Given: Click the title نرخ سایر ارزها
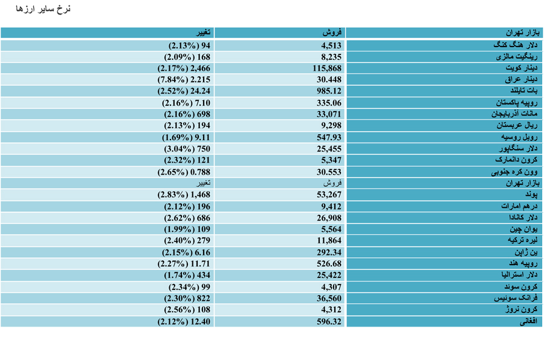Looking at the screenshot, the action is (x=43, y=9).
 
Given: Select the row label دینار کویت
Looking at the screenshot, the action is (x=521, y=68).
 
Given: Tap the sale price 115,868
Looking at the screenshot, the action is (x=327, y=68).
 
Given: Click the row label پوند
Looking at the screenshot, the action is (x=531, y=194).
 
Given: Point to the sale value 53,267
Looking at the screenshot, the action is (x=329, y=194).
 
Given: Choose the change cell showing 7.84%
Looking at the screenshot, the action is (x=184, y=80).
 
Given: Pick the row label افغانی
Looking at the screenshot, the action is (x=528, y=321).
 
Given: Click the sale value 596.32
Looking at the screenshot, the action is (x=329, y=321).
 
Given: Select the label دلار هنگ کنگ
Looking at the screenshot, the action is (x=515, y=45).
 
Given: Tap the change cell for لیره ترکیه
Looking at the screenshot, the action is (x=187, y=240).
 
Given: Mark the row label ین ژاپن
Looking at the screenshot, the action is (x=526, y=252).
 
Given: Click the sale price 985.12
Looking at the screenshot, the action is (x=329, y=91).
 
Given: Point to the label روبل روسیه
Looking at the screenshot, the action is (x=519, y=137).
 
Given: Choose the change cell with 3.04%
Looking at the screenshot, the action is (x=187, y=149).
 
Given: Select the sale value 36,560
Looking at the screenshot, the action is (x=329, y=298).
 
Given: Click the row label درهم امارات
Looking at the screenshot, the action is (x=519, y=207).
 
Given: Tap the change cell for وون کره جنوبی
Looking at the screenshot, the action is (x=184, y=172).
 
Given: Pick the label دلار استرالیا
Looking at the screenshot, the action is (x=519, y=275).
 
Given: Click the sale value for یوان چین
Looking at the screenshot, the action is (x=331, y=230).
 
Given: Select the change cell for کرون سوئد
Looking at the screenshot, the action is (x=189, y=287).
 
